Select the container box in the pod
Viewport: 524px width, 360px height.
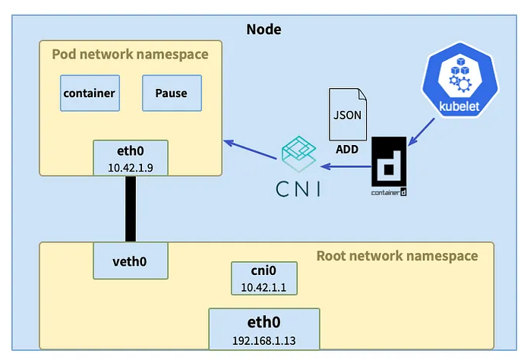pos(89,94)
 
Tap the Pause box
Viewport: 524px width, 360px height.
pos(171,94)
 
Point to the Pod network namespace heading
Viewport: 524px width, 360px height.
pos(129,55)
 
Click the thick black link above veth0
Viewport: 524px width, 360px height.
pos(129,209)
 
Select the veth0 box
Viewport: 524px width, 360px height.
pos(129,261)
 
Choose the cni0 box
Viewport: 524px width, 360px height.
pos(263,271)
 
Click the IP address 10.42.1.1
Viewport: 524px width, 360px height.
pos(263,286)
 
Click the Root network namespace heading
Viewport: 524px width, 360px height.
pos(397,256)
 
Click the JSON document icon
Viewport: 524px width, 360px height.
pos(346,113)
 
